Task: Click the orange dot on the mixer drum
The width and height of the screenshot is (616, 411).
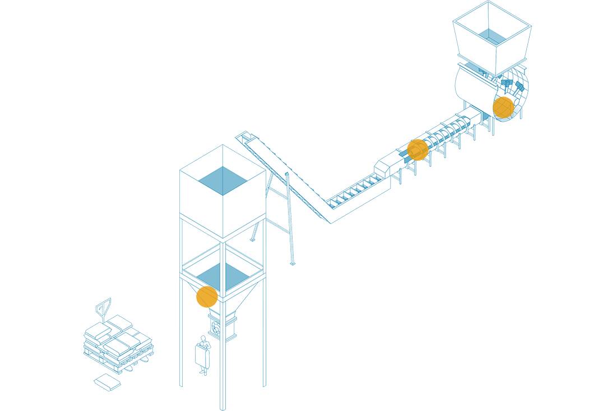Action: (x=503, y=107)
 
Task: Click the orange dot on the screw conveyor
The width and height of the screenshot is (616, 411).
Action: (x=418, y=150)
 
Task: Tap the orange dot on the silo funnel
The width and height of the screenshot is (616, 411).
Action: (x=207, y=297)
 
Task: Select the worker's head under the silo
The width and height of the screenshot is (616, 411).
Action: (x=203, y=339)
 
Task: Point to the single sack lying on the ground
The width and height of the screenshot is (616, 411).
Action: (x=107, y=383)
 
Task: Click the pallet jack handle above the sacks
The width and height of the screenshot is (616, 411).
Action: (x=103, y=307)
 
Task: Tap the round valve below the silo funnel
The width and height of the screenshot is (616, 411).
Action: (x=216, y=329)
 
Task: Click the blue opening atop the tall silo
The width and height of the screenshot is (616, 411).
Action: (x=223, y=181)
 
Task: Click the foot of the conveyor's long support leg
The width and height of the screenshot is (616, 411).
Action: (x=292, y=262)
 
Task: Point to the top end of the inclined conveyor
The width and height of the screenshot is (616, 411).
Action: (x=244, y=136)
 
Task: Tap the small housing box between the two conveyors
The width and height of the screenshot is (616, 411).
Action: (x=384, y=167)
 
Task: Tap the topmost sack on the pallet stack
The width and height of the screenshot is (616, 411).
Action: (x=119, y=322)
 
